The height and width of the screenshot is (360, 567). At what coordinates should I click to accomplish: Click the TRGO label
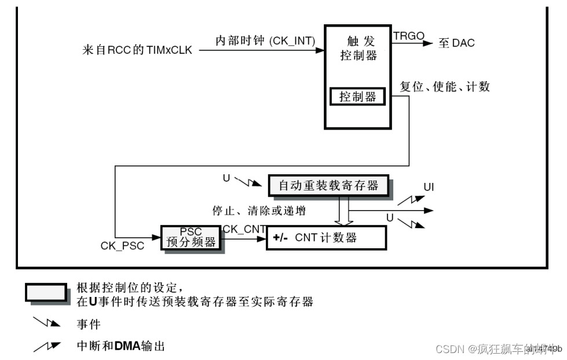408,36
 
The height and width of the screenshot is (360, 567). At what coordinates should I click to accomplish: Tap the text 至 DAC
456,43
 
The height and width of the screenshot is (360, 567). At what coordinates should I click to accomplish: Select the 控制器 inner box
357,97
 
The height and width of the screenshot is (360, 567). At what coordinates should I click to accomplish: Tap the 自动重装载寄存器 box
328,185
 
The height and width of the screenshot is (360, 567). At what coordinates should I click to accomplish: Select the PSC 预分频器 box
191,237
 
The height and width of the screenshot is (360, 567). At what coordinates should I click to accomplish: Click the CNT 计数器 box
325,237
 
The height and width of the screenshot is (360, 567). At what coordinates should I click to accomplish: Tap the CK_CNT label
244,229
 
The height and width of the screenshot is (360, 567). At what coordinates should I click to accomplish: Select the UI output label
429,187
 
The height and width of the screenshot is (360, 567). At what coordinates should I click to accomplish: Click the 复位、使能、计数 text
445,87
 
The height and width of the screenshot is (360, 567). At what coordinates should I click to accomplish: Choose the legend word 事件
89,325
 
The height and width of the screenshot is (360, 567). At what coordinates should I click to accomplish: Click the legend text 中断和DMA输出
121,346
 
